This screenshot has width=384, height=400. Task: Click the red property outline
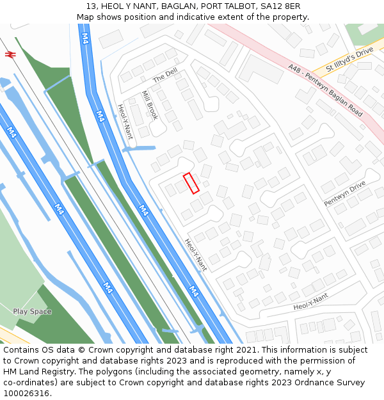(x=191, y=183)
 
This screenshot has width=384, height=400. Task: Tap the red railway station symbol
(x=10, y=55)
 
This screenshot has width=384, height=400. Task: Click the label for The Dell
(x=165, y=76)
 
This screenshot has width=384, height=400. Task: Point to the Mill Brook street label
(x=150, y=105)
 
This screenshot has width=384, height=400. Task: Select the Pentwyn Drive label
(x=344, y=193)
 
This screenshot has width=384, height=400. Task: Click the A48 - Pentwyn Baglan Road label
(x=325, y=90)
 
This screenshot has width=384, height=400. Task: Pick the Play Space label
(x=32, y=312)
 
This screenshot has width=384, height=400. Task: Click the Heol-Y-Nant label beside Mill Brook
(x=125, y=122)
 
